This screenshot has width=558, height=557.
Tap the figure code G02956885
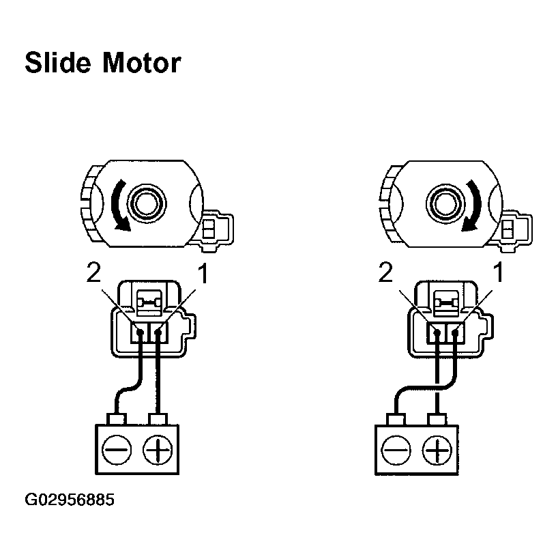[70, 500]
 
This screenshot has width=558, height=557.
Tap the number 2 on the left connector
[94, 274]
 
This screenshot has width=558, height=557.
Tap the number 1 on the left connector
[202, 274]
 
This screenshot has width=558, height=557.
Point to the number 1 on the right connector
[498, 274]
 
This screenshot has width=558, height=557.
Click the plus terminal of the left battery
[158, 450]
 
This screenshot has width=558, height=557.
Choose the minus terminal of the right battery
[396, 451]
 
